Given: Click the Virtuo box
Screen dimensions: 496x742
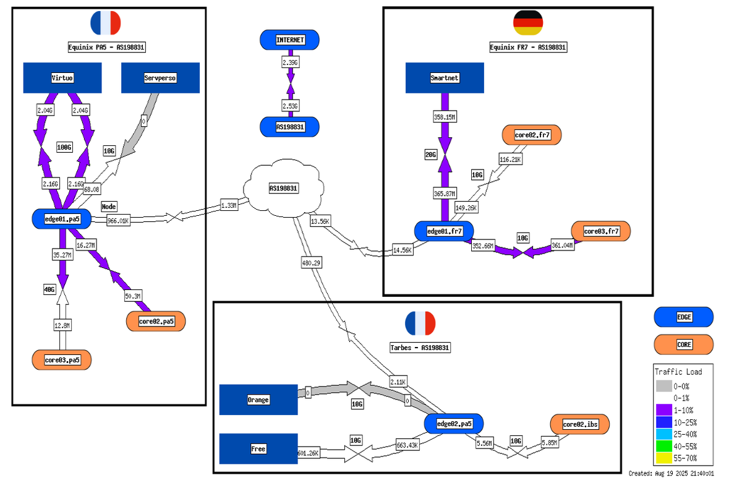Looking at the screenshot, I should point(62,78).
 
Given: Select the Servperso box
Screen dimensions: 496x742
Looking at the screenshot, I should point(160,78).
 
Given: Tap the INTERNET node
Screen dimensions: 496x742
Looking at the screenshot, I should point(290,40).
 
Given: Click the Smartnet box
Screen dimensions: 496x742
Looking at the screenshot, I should point(444,78).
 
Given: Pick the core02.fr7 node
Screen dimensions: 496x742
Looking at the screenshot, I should point(532,135).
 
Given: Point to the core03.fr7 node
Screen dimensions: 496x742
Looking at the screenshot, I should point(600,231).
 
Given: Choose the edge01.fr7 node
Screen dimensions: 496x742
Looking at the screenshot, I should point(444,231).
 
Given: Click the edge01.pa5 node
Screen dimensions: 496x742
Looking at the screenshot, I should point(61,218).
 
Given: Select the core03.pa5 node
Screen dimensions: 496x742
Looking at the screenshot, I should point(62,360).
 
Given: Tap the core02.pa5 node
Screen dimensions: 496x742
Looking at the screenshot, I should point(156,322).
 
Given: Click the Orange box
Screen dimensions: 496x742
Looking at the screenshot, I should point(258,400).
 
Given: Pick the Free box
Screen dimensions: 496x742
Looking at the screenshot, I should point(258,449).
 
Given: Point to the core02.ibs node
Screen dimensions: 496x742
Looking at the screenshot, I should point(580,424).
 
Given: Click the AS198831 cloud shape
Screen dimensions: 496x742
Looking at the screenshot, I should point(283,189).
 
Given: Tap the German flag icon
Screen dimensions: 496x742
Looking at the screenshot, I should point(528,23).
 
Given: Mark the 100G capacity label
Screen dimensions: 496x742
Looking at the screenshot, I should point(65,148).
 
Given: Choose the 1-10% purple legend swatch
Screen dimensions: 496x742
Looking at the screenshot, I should point(663,409).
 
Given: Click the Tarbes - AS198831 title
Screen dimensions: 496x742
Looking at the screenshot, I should point(420,348).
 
